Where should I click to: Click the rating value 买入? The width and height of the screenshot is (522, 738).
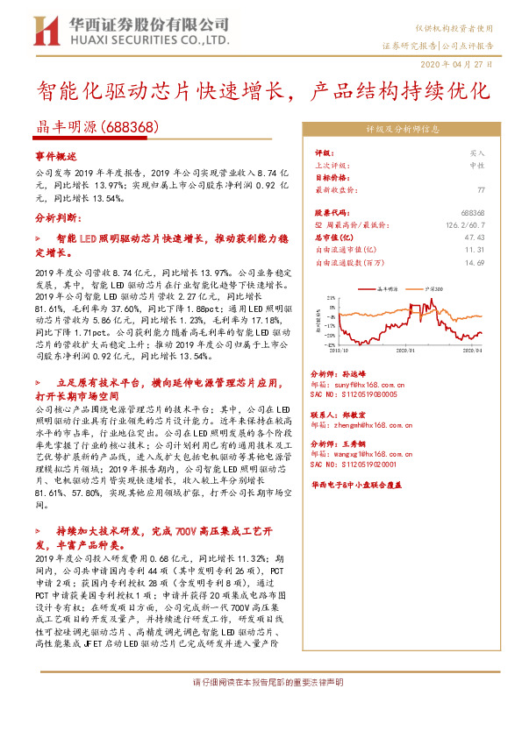pos(477,152)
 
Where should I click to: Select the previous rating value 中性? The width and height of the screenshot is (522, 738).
pos(477,164)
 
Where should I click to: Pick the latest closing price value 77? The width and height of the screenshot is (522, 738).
pos(481,189)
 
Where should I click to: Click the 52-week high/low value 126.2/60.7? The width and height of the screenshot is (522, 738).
pos(465,225)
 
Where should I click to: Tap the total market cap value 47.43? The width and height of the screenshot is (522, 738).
pos(475,237)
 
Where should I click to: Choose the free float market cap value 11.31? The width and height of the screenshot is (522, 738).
pos(475,249)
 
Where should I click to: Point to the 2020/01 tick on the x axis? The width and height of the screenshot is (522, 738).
pos(404,351)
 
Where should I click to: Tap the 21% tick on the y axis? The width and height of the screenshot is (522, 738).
pos(330,297)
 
